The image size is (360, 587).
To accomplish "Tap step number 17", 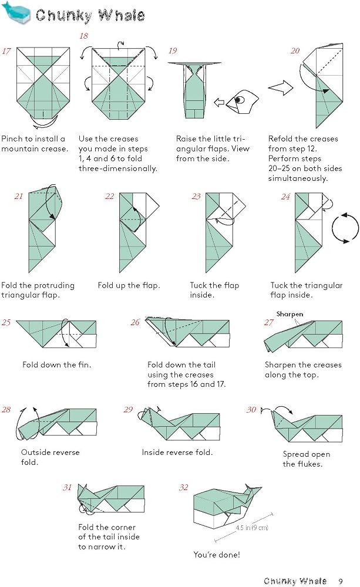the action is pos(6,51).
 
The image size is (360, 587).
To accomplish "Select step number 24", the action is pos(286,197).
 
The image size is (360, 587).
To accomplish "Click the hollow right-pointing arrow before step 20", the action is pos(281,89).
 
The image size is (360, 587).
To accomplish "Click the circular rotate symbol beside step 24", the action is pos(345,228).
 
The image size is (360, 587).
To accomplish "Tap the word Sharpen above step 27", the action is pos(290,313).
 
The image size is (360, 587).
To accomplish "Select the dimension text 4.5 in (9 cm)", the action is pos(252,528).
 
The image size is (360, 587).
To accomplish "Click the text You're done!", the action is pos(217,555).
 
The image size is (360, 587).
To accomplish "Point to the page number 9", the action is pos(341,581).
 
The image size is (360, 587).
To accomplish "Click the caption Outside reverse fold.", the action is pos(50,457).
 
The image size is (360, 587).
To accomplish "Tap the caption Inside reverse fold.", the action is pos(177,452).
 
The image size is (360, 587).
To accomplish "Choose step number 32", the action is pos(184,487).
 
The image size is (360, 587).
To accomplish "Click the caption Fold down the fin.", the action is pos(56,365).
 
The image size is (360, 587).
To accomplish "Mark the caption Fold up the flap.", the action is pos(129,285).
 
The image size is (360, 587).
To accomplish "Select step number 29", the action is pos(128,410).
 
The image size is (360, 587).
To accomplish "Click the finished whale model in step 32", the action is pos(227,506).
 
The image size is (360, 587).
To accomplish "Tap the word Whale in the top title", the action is pos(122,15).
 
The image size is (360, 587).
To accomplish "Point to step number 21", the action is pos(19,197).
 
